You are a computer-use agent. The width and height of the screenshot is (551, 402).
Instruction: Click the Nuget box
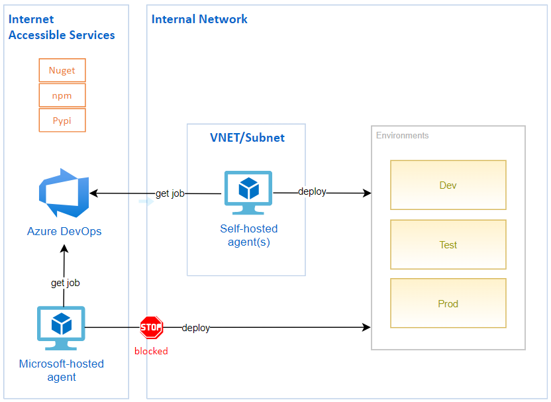tap(62, 70)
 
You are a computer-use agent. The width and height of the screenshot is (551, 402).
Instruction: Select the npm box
tap(62, 95)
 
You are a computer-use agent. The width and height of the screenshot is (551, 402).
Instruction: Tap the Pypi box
tap(62, 121)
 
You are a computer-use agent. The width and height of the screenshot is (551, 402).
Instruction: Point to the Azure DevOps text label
tap(64, 231)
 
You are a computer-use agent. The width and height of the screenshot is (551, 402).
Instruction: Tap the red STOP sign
tap(151, 327)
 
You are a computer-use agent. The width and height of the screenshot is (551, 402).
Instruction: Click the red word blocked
tap(151, 351)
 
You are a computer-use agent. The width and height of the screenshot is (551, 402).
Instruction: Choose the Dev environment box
tap(448, 185)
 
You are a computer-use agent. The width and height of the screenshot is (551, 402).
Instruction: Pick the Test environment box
tap(448, 244)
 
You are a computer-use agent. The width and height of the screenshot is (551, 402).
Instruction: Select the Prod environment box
tap(448, 303)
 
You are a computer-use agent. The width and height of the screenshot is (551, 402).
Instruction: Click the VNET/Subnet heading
tap(247, 138)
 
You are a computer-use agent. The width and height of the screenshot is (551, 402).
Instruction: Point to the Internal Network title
tap(199, 19)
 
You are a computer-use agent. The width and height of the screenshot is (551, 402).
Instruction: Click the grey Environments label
tap(402, 136)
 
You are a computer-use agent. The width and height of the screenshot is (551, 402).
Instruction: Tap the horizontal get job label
tap(170, 193)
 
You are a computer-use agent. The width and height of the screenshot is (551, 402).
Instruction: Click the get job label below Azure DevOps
tap(65, 283)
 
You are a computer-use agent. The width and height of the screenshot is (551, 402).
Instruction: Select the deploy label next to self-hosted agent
tap(312, 191)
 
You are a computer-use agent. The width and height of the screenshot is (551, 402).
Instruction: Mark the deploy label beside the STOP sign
tap(195, 328)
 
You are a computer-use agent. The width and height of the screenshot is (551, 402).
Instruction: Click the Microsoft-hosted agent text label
tap(62, 370)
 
